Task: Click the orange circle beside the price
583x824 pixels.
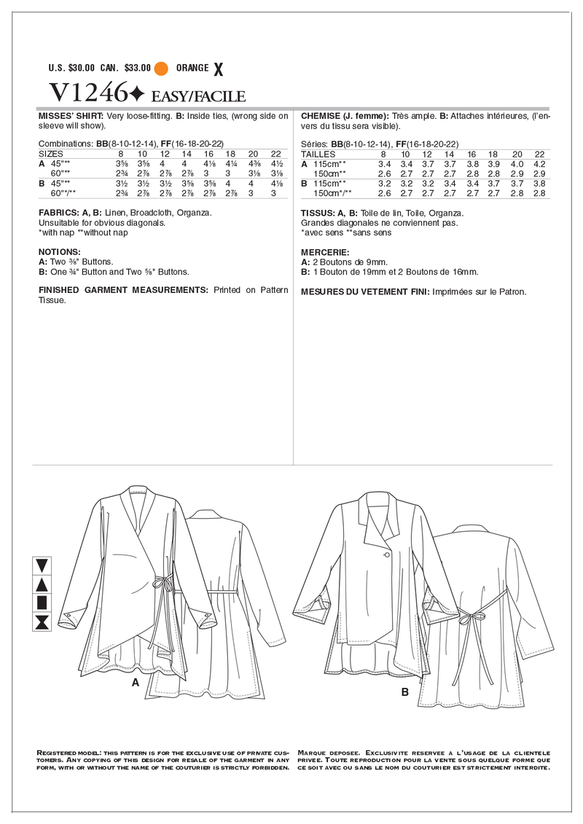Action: [161, 68]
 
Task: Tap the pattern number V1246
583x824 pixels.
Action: [85, 93]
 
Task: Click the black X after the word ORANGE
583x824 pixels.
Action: [216, 68]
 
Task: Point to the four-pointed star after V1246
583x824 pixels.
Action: [136, 94]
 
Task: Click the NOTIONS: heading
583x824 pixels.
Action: [59, 251]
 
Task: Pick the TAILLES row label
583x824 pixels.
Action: [317, 154]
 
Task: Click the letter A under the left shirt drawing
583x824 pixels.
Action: [135, 683]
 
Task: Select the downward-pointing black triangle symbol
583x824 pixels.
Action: [42, 565]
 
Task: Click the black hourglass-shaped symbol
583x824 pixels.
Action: [42, 621]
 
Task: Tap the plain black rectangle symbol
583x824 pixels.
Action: [42, 602]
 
